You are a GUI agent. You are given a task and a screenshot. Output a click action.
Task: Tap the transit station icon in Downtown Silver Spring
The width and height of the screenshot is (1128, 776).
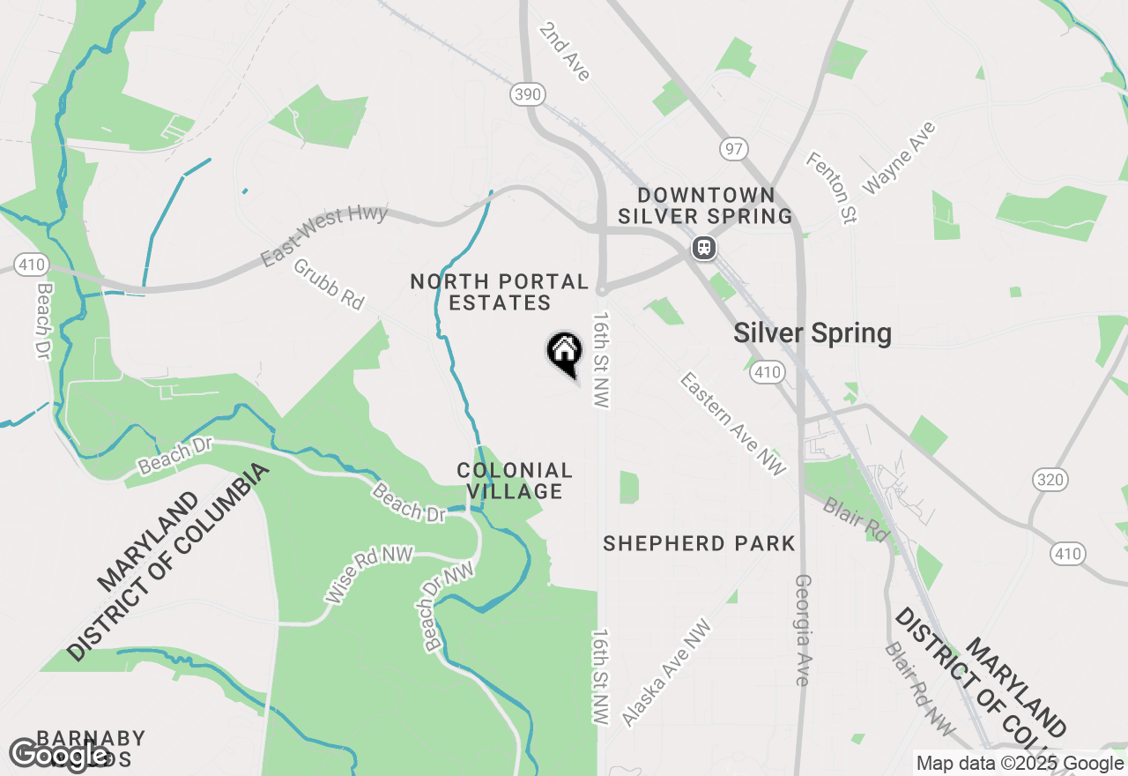click(703, 248)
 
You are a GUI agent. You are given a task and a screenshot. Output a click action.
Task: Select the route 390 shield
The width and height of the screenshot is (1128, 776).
click(528, 94)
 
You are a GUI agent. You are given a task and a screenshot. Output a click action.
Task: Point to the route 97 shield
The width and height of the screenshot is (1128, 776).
click(732, 148)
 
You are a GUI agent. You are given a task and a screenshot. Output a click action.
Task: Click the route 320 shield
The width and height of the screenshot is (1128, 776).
click(1050, 480)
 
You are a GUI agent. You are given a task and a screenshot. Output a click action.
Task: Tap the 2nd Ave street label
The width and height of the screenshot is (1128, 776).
click(565, 52)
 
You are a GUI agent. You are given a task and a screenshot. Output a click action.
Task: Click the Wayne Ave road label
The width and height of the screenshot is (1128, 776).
click(899, 158)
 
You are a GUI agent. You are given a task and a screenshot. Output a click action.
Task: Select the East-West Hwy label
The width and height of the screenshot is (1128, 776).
click(324, 235)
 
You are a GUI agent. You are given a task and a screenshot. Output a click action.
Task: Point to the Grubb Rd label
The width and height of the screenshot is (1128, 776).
click(329, 283)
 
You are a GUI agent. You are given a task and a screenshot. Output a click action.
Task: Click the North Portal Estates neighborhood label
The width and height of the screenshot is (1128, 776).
click(500, 292)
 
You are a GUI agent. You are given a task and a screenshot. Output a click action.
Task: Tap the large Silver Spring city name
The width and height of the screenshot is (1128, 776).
click(813, 333)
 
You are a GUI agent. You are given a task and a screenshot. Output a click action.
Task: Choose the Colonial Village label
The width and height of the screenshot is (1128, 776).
click(515, 481)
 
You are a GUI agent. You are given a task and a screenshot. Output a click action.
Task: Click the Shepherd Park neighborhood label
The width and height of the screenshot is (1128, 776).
click(699, 543)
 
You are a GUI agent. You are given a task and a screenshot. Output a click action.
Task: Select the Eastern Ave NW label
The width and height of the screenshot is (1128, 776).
click(732, 424)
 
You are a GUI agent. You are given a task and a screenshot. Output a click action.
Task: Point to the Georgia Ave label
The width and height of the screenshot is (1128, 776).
click(802, 630)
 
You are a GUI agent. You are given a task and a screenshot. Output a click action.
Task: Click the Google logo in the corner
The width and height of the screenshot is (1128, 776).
click(58, 754)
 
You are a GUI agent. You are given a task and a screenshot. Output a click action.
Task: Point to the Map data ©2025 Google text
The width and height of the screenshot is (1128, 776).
click(1020, 764)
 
